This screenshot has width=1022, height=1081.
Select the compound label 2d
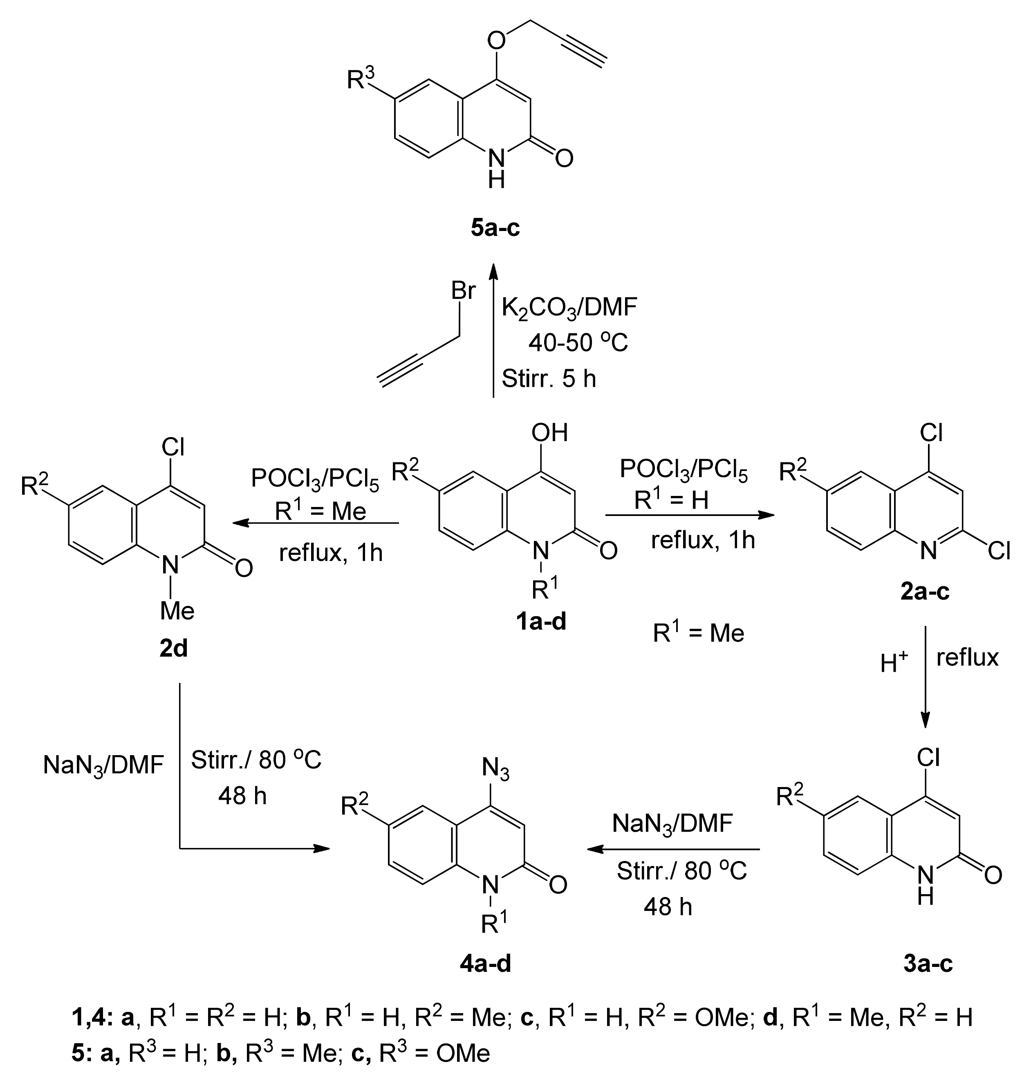pos(173,649)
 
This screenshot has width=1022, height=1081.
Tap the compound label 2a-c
pos(924,591)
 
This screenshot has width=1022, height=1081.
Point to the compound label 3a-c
pos(928,964)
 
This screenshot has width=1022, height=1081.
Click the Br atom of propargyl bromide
pos(464,292)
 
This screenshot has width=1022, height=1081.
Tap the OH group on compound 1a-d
pos(549,433)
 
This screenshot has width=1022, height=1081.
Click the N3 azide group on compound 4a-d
pos(496,770)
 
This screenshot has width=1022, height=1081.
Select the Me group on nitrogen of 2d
pos(177,611)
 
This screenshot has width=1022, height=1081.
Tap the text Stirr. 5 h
pos(549,379)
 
